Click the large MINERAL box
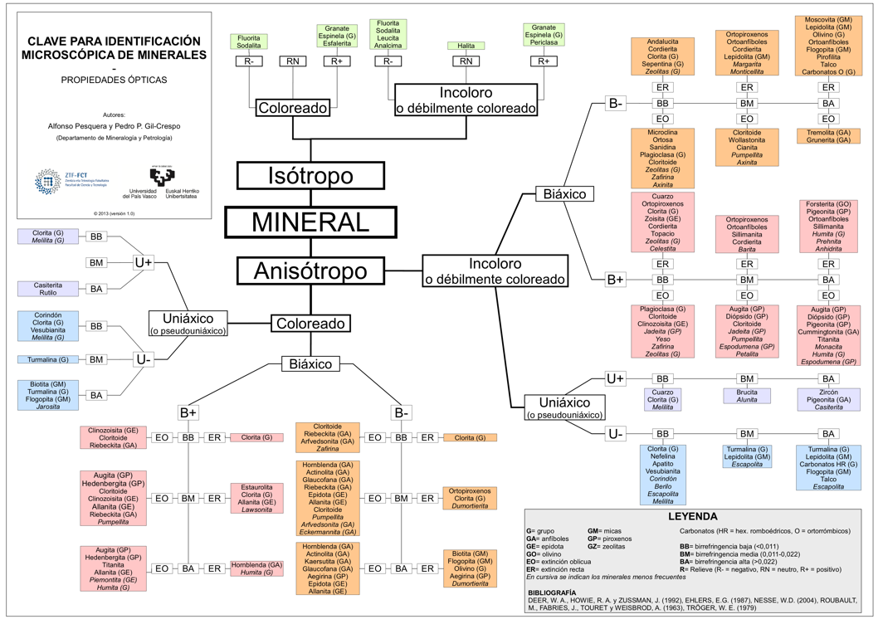coord(310,222)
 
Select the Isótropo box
coord(310,176)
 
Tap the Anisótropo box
coord(310,271)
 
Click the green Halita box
coord(466,46)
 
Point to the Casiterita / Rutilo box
coord(48,289)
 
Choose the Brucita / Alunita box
coord(747,395)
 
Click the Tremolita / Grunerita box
coord(828,136)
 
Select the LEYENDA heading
coord(699,516)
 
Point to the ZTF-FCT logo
coord(60,178)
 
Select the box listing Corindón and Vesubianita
coord(48,326)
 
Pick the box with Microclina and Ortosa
coord(662,158)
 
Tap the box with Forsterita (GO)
coord(828,225)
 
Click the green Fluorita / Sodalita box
coord(249,41)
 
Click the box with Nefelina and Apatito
coord(662,475)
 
